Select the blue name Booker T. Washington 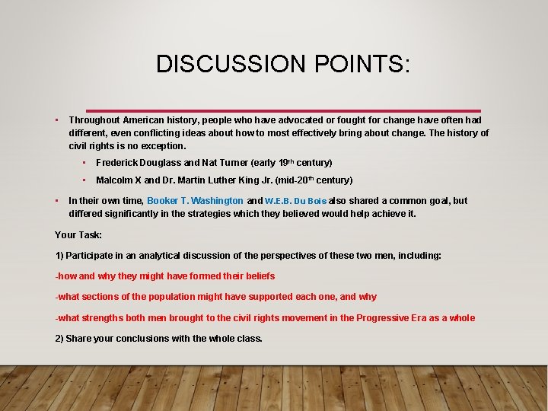pos(195,201)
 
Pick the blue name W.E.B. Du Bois pos(296,201)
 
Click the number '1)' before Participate pos(59,256)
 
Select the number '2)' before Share pos(59,338)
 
